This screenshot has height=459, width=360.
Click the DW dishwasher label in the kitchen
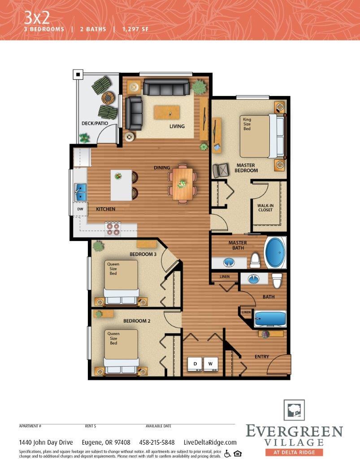coord(80,209)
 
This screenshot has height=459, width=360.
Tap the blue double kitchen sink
coord(81,192)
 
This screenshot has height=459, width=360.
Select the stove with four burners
coord(113,229)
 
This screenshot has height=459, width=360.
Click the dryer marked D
coord(195,364)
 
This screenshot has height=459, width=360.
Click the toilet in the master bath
coord(255,260)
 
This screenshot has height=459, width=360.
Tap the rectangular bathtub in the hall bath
coord(270,319)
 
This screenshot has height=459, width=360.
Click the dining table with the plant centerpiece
coord(182,183)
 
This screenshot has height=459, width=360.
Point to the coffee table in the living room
coord(167,112)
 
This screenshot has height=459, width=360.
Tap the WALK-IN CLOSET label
coord(265,208)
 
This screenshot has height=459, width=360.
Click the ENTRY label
coord(262,357)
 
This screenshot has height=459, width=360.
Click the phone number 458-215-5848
coord(157,442)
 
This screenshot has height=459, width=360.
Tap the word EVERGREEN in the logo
coord(294,432)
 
